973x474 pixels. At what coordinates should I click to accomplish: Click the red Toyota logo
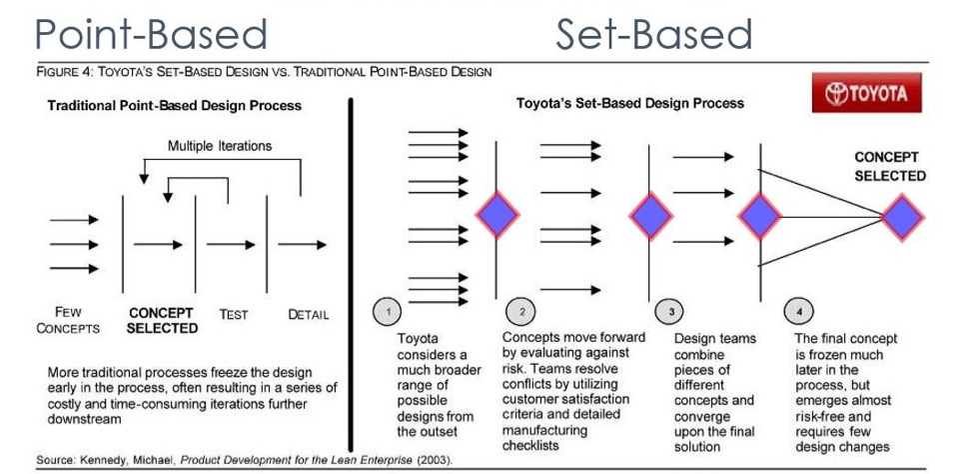point(866,93)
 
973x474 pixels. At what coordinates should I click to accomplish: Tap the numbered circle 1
point(388,312)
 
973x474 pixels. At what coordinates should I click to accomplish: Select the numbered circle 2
point(521,312)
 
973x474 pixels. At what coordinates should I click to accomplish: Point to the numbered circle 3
point(671,312)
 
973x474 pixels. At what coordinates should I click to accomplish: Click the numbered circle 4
point(798,312)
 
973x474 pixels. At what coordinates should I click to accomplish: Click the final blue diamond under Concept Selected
point(903,217)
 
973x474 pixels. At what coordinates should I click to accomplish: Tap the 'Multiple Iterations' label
point(220,146)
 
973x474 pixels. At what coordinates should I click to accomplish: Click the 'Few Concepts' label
point(68,320)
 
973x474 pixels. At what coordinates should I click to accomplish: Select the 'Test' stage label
point(234,314)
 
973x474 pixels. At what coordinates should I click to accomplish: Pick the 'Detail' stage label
point(309,314)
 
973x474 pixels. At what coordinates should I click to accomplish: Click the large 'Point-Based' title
point(152,35)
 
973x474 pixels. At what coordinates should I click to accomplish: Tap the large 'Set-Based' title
point(653,35)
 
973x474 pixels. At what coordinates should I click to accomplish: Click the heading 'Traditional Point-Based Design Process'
point(175,106)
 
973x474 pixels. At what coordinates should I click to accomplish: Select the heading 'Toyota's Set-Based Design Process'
point(629,103)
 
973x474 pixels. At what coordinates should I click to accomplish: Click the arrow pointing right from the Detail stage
point(303,245)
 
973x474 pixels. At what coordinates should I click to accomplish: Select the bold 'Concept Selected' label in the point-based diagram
point(162,320)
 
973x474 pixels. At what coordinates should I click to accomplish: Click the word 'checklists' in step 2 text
point(530,445)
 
